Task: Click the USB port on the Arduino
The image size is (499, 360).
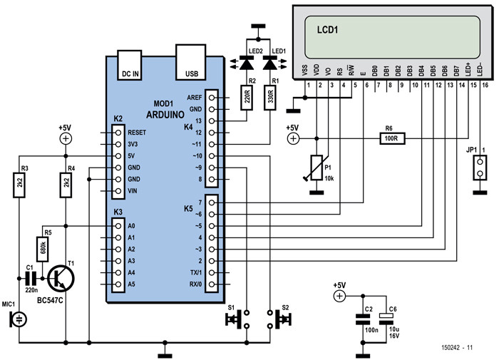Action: [191, 65]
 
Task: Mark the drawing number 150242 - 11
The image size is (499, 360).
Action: [455, 347]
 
